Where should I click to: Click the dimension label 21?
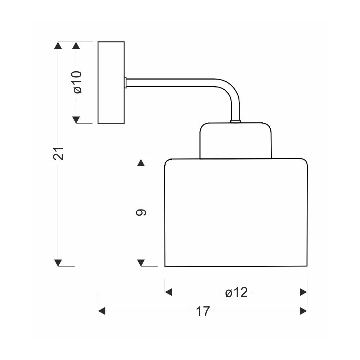point(58,153)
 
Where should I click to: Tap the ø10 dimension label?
point(78,82)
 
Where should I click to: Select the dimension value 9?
point(141,213)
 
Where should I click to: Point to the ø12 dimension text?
point(236,292)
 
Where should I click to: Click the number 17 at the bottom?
point(203,311)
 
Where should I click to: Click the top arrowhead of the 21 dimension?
point(58,45)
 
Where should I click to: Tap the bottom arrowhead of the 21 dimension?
point(58,263)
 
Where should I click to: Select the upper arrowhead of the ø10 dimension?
point(76,45)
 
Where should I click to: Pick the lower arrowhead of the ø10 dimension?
point(76,120)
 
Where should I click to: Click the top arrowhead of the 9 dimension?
point(141,162)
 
